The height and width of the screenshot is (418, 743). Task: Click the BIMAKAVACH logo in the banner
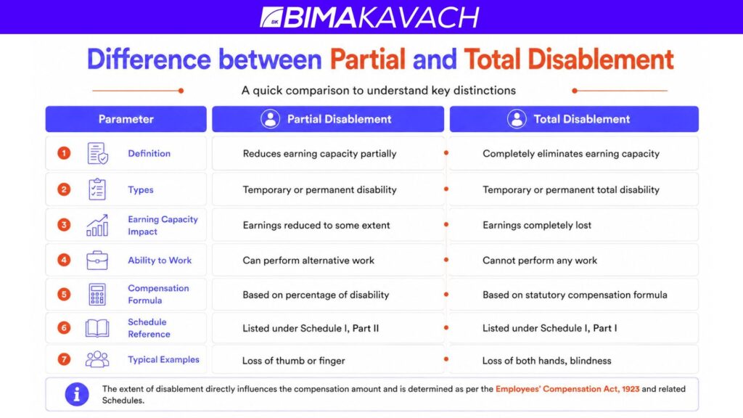[x=369, y=17]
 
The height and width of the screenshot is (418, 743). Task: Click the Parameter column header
[x=126, y=119]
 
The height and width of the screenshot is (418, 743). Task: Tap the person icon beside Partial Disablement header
[x=270, y=119]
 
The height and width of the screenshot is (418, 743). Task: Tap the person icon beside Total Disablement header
[x=517, y=119]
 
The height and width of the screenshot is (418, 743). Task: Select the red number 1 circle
[x=64, y=153]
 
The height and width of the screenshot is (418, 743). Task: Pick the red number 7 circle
[x=64, y=359]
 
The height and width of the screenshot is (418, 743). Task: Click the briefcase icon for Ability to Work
[x=97, y=261]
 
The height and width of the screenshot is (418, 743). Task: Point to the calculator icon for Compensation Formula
[x=97, y=295]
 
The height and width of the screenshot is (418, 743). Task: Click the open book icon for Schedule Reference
[x=97, y=328]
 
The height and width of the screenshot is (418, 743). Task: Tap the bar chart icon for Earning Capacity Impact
[x=97, y=225]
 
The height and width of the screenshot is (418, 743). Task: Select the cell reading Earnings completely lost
[x=574, y=225]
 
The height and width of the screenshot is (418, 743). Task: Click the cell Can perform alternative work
[x=328, y=261]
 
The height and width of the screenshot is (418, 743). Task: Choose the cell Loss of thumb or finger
[x=328, y=360]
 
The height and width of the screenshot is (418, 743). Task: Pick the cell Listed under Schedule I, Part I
[x=574, y=328]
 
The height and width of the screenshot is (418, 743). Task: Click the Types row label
[x=141, y=189]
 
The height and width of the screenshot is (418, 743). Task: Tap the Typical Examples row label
[x=163, y=359]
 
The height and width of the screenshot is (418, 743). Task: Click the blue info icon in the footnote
[x=77, y=394]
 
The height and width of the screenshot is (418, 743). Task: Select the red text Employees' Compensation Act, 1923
[x=567, y=389]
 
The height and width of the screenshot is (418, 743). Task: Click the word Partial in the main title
[x=368, y=60]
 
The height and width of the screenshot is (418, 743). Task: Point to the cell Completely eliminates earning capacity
[x=574, y=153]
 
